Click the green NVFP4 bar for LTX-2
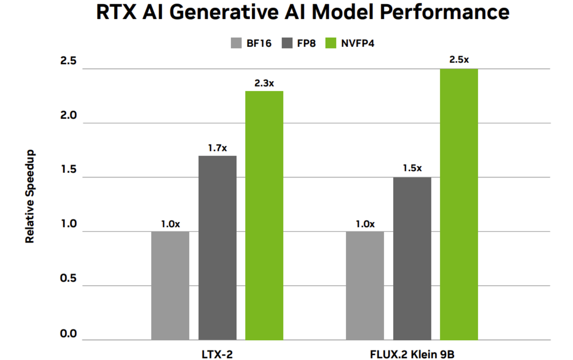click(264, 215)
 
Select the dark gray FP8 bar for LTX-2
click(217, 247)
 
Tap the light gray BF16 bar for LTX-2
click(170, 285)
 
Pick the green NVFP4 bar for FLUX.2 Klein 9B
click(459, 204)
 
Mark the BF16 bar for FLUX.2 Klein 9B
click(365, 285)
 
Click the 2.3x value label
click(264, 83)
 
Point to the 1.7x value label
click(217, 148)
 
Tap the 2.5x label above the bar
click(459, 60)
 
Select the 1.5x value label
click(412, 168)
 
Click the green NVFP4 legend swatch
click(331, 43)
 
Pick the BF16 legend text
click(259, 43)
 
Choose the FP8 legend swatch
click(287, 43)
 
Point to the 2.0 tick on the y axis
click(69, 115)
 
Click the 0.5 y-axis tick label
click(69, 278)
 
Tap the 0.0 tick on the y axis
click(69, 334)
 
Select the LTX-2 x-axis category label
click(217, 354)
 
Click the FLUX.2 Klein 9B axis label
click(412, 354)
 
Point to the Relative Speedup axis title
click(30, 196)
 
